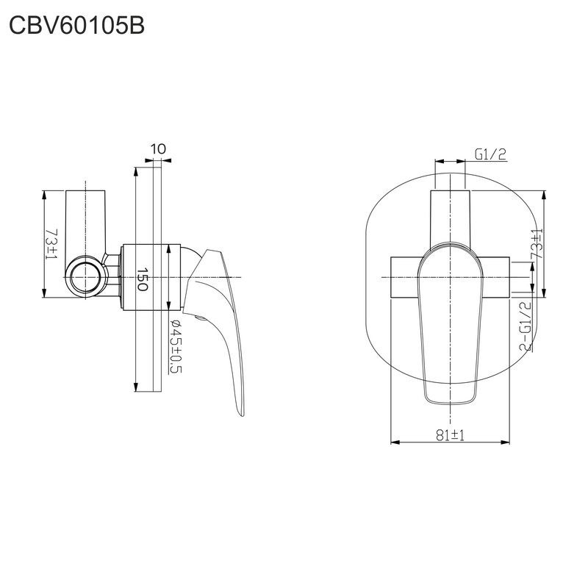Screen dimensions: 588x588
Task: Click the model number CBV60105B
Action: (x=76, y=26)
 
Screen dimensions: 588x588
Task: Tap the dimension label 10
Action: (x=158, y=149)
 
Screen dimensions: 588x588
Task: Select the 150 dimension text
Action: (x=142, y=279)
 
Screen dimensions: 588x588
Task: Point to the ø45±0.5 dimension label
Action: (x=175, y=346)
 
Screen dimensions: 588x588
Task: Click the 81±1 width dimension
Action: (x=450, y=435)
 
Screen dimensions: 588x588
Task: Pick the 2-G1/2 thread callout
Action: (x=526, y=326)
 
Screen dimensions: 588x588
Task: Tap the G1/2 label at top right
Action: (x=490, y=154)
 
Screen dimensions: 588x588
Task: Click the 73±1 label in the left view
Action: (x=51, y=244)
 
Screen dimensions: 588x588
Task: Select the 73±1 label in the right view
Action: (x=537, y=244)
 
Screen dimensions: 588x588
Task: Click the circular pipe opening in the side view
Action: (x=85, y=277)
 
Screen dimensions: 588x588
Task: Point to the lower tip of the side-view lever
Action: (x=242, y=415)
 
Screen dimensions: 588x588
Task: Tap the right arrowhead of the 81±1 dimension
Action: (x=505, y=442)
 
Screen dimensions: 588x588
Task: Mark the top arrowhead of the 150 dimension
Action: (x=136, y=172)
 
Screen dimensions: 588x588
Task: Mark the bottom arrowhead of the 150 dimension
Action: (x=136, y=387)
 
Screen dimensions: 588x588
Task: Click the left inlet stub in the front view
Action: (x=405, y=278)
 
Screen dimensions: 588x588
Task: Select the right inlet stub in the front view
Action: (x=495, y=278)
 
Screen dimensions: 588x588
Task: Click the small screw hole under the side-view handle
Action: (x=201, y=318)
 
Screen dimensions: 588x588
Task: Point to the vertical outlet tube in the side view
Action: (x=85, y=223)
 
